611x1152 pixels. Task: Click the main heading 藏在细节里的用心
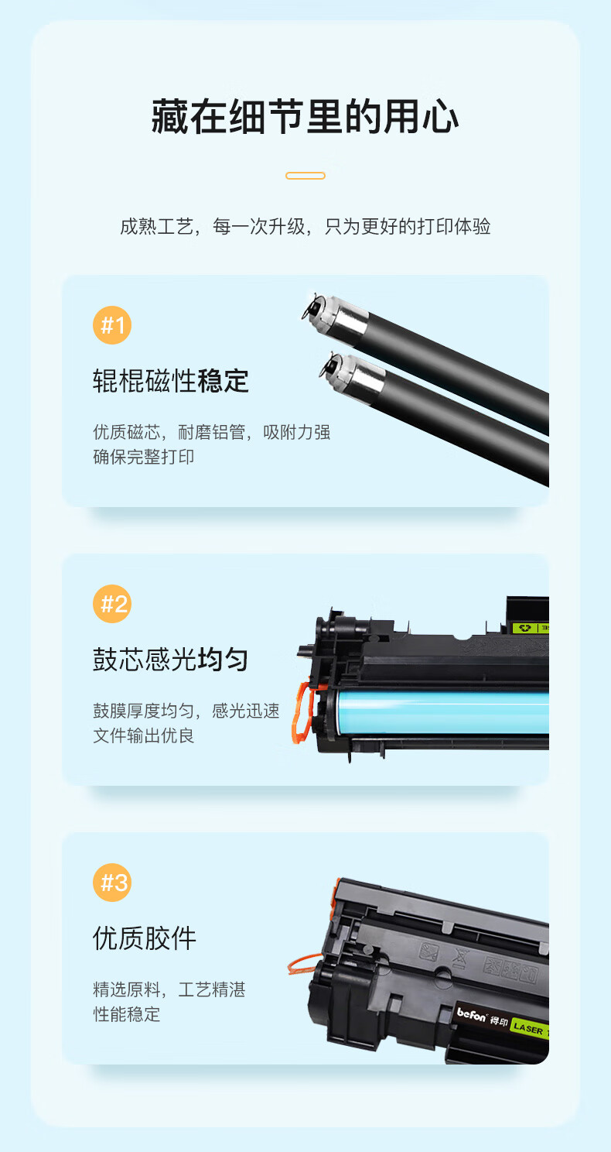(305, 117)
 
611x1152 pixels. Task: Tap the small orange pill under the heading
(305, 176)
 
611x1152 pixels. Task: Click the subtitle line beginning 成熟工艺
(305, 226)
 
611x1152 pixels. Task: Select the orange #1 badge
(112, 325)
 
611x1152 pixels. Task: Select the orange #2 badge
(112, 604)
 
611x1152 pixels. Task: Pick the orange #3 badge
(112, 883)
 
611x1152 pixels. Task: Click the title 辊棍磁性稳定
(171, 381)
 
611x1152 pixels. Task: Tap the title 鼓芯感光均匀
(171, 660)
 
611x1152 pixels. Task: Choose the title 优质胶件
(145, 938)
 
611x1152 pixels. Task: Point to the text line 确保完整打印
(144, 457)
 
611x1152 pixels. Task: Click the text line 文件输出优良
(144, 735)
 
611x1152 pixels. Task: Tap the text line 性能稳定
(126, 1014)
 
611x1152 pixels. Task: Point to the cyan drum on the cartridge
(442, 712)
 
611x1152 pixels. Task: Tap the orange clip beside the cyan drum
(303, 712)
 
